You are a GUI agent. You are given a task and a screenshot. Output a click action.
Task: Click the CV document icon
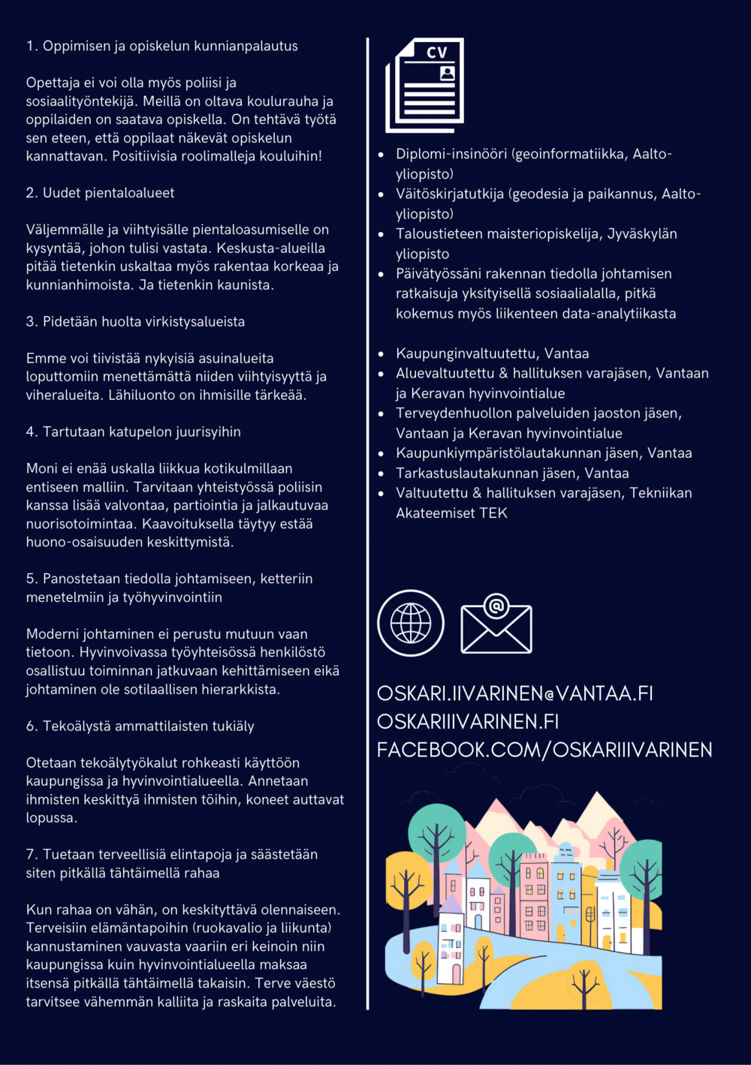(x=425, y=85)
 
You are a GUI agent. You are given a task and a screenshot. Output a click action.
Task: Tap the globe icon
(x=411, y=623)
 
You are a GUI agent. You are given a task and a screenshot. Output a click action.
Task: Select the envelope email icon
(x=496, y=625)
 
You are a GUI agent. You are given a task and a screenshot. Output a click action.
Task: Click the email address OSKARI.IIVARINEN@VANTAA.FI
(x=514, y=693)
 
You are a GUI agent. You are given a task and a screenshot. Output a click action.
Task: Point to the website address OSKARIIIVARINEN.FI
(x=468, y=721)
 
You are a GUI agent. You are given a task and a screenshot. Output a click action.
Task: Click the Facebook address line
(x=544, y=750)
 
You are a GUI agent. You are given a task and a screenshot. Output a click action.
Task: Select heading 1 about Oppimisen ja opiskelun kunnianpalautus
(x=162, y=46)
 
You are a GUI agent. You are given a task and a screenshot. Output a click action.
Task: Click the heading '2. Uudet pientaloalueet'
(x=100, y=193)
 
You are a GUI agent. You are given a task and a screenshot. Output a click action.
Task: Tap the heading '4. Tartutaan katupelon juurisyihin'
(x=134, y=432)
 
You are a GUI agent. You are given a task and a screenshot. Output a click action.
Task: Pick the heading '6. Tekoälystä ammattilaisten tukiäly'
(x=140, y=726)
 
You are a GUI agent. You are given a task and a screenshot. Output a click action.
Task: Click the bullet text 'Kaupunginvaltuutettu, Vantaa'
(x=492, y=353)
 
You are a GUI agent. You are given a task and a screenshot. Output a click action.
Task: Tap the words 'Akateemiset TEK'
(x=451, y=513)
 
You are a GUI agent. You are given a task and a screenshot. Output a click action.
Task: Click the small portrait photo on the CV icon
(x=448, y=73)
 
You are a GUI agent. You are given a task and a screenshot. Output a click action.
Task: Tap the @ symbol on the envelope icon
(x=496, y=605)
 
